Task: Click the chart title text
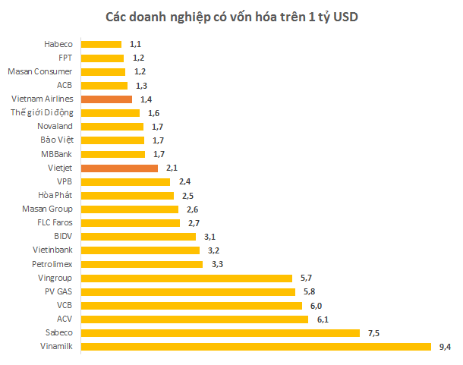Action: tap(231, 16)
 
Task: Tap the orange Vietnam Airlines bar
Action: tap(106, 99)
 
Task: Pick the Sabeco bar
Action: tap(219, 333)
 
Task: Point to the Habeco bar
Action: tap(101, 44)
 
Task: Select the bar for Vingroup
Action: tap(186, 278)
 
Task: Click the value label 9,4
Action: tap(446, 347)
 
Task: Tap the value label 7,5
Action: tap(373, 333)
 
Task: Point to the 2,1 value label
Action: tap(172, 168)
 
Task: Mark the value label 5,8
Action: tap(309, 291)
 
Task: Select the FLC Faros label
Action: tap(55, 223)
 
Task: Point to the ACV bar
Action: tap(194, 319)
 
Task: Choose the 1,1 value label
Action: tap(136, 44)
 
